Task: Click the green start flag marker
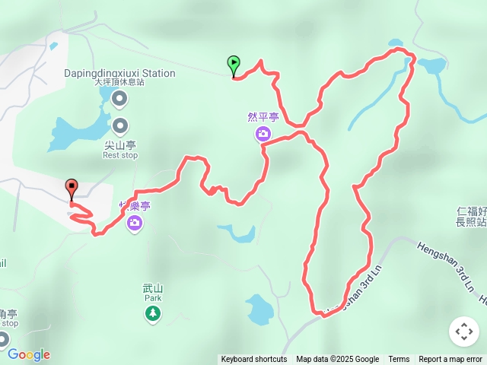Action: [233, 64]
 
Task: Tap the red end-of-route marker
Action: [72, 186]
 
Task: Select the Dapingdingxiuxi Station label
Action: [120, 74]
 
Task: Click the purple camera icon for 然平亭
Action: [263, 135]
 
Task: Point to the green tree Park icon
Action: [153, 313]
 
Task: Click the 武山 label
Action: [153, 288]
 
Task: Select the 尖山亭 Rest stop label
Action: [120, 149]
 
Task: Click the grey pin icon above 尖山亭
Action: [120, 125]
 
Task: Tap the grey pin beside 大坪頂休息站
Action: [119, 98]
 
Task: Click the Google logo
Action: [28, 354]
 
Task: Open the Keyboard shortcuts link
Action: [254, 360]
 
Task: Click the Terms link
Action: [399, 360]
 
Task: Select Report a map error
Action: [450, 360]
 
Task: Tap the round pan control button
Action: [464, 332]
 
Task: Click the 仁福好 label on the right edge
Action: [471, 211]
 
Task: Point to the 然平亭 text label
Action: [263, 117]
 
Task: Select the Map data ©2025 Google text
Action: [337, 360]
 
